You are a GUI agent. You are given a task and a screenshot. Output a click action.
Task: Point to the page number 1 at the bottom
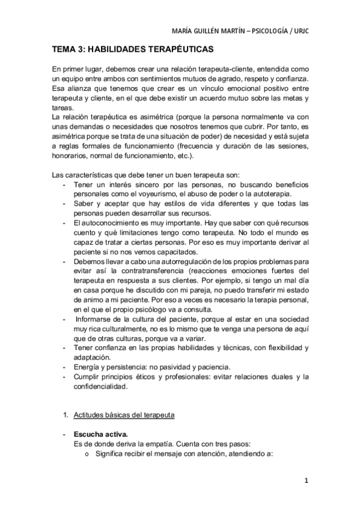pos(306,480)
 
